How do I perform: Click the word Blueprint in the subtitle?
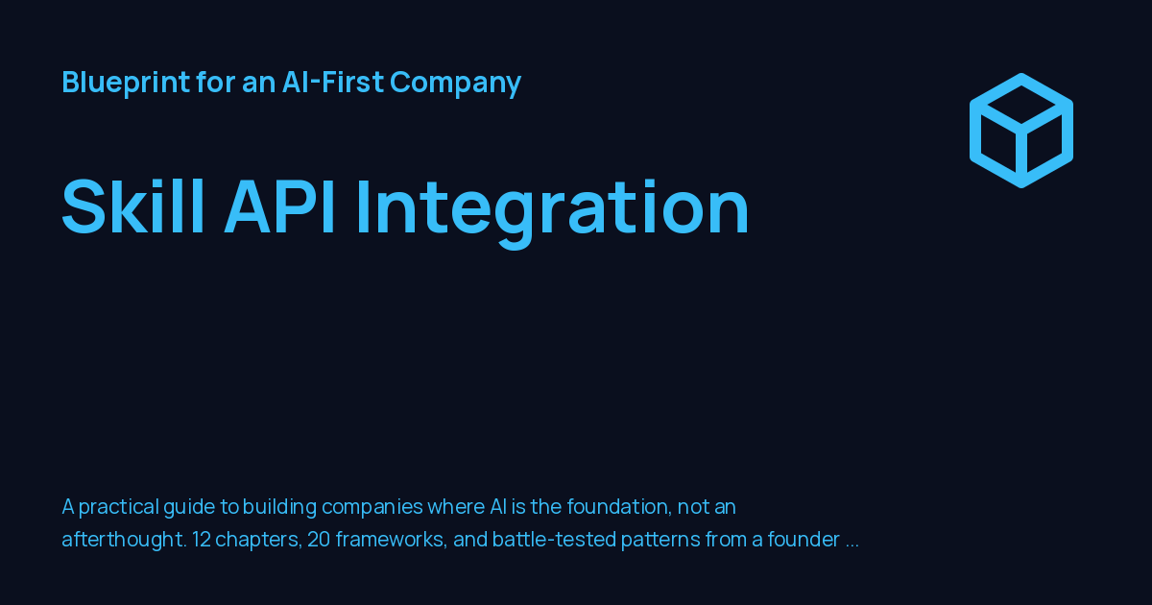pos(126,82)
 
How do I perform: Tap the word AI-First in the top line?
pos(333,82)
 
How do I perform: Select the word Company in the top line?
pos(456,83)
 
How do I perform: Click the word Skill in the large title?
pos(132,206)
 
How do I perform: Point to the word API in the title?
pos(280,206)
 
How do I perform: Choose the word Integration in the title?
pos(553,211)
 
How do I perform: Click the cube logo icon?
pos(1020,131)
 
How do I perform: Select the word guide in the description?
pos(189,508)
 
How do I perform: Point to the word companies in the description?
pos(372,508)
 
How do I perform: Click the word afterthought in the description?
pos(124,540)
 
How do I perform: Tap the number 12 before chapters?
pos(202,540)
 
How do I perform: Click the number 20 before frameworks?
pos(319,540)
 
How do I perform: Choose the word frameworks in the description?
pos(392,540)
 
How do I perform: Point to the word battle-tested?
pos(554,540)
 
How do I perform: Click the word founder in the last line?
pos(804,539)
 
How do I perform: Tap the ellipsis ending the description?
pos(852,545)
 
